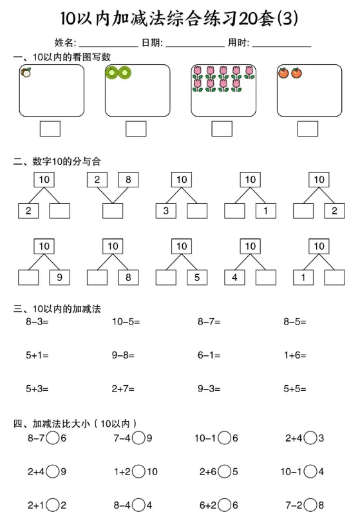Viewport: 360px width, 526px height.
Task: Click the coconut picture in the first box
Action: [x=26, y=72]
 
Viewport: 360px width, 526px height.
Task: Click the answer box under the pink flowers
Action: [x=222, y=129]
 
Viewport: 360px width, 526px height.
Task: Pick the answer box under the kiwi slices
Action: [x=136, y=129]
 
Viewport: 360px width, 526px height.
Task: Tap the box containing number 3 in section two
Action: [x=166, y=211]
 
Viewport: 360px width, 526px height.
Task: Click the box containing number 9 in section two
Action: [x=60, y=277]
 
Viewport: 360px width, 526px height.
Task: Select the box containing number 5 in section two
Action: [x=197, y=277]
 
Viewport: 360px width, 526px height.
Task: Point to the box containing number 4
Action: [x=234, y=277]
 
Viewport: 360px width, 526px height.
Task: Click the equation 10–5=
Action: [x=126, y=322]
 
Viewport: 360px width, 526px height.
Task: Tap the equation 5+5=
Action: [x=294, y=389]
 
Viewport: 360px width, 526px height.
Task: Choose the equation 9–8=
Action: [x=123, y=355]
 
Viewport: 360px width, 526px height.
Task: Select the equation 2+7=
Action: [x=123, y=389]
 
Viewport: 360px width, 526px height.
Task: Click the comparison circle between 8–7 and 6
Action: [x=52, y=438]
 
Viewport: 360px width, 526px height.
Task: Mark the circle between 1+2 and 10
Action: [x=138, y=472]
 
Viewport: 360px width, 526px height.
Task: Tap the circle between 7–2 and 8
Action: [x=310, y=505]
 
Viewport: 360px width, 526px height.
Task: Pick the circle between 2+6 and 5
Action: [x=225, y=472]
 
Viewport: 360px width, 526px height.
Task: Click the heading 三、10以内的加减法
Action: [x=57, y=308]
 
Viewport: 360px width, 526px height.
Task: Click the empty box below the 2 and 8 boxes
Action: [x=113, y=211]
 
